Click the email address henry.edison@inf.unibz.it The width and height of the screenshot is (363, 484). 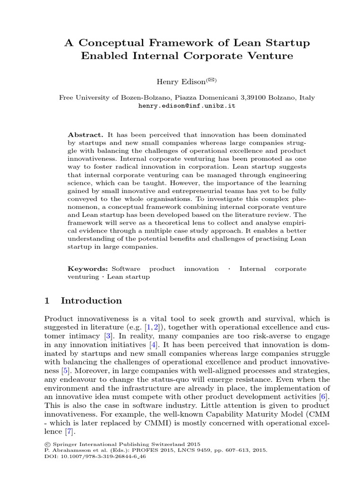pos(187,106)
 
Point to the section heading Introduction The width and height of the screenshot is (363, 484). pos(91,301)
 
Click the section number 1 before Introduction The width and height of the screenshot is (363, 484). pos(47,301)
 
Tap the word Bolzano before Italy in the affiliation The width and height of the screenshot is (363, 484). pos(281,98)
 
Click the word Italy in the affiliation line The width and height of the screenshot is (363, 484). pos(306,98)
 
